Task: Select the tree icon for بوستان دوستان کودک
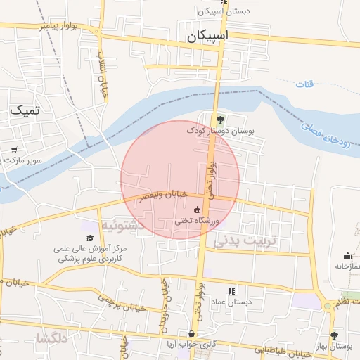220,119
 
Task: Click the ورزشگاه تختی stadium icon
197,210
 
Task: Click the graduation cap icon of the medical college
90,238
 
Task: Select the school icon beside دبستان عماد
231,291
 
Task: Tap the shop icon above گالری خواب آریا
191,333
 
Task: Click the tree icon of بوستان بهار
333,335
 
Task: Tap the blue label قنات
304,84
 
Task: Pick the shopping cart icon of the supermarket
14,149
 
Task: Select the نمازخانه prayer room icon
347,256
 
